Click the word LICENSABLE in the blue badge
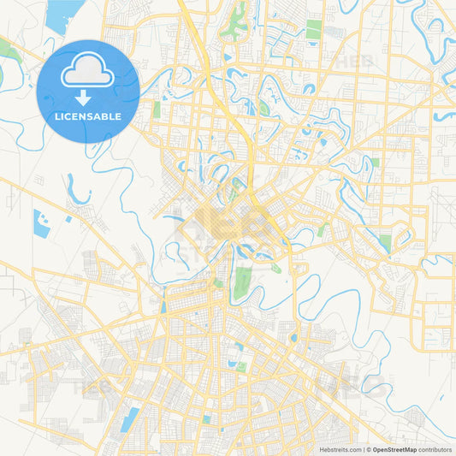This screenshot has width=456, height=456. click(x=87, y=117)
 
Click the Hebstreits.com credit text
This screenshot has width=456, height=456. click(x=337, y=449)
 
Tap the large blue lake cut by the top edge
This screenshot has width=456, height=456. click(x=62, y=14)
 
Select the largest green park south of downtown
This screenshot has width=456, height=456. click(x=243, y=281)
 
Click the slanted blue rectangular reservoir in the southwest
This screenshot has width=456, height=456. click(x=129, y=420)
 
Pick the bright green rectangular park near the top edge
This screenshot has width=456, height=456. click(x=314, y=30)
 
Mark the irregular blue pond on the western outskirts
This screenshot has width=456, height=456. click(x=41, y=222)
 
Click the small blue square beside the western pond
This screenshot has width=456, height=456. click(x=68, y=219)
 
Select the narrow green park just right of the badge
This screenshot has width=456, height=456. click(x=157, y=110)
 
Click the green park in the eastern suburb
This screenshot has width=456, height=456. click(x=385, y=243)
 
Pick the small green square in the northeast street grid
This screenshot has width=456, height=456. click(x=375, y=162)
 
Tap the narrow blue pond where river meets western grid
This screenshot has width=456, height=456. click(x=163, y=304)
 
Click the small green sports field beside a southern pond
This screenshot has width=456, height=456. click(x=241, y=366)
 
